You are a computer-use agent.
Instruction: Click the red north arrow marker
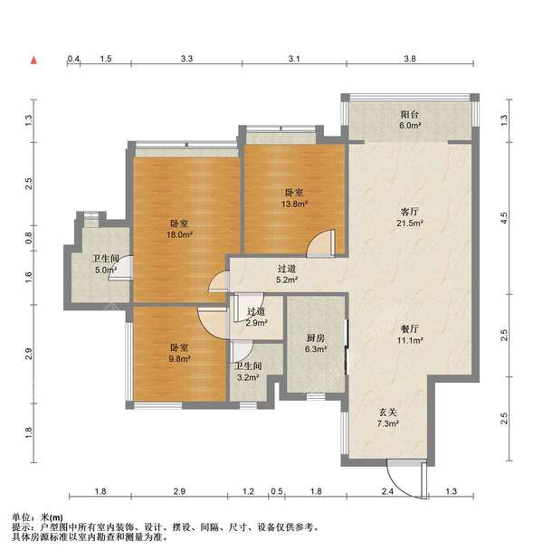coord(34,61)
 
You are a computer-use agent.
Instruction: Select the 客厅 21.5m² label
coord(410,217)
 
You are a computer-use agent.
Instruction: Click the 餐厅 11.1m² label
coord(410,334)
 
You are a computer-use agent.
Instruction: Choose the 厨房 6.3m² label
coord(315,341)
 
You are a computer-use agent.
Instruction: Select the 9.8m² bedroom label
coord(177,352)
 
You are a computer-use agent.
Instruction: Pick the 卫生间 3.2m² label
coord(248,372)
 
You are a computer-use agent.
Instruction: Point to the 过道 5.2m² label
coord(287,274)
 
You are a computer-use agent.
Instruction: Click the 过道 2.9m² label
coord(257,317)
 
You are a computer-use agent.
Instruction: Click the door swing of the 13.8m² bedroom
coord(321,242)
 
